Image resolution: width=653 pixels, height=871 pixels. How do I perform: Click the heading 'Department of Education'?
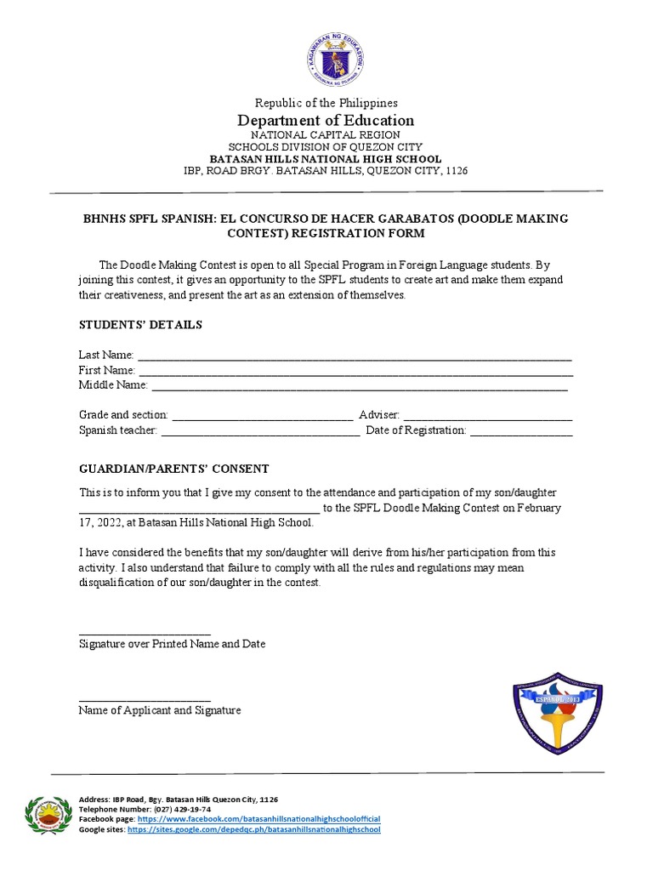[326, 120]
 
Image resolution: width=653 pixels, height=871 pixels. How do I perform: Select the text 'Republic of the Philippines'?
[326, 103]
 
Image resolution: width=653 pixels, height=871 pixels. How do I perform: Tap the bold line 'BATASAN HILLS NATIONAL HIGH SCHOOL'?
[326, 159]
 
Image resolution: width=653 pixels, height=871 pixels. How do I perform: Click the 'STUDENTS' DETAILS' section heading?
[140, 325]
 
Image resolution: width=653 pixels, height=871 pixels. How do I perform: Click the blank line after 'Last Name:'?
[354, 355]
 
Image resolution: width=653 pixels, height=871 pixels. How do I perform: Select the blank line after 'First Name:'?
[355, 371]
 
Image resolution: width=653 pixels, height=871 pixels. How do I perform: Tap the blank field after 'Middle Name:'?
[359, 385]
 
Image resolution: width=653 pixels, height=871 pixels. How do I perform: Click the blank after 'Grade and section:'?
[262, 415]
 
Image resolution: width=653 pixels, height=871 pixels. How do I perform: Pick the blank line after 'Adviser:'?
[487, 415]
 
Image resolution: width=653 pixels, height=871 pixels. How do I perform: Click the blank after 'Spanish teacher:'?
[259, 431]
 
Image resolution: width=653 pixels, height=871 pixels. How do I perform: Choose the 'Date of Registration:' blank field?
[521, 431]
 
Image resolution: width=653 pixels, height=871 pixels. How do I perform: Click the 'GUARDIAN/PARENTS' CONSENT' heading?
[173, 469]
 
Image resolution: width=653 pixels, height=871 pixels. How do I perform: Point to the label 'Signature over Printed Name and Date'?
[172, 644]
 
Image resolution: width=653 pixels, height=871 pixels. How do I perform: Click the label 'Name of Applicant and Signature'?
[160, 710]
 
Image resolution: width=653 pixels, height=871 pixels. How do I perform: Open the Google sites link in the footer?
[253, 828]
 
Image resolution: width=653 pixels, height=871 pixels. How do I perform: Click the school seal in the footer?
[48, 815]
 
